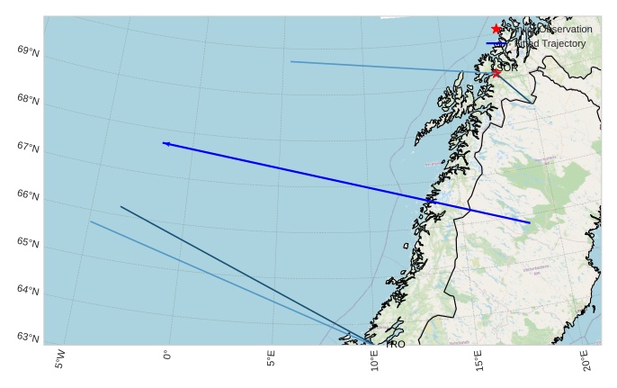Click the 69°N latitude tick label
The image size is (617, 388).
click(28, 50)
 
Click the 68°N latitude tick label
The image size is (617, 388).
click(28, 98)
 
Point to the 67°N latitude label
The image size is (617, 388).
click(28, 147)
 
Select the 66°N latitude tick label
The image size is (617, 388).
click(28, 194)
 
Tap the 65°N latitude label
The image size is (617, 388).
click(28, 242)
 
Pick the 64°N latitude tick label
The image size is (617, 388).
click(28, 290)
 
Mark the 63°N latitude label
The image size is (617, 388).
click(28, 338)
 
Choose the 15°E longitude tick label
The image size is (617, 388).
click(480, 362)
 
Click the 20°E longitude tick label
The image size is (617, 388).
click(586, 362)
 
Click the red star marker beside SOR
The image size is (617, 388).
click(496, 73)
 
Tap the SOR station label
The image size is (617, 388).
click(508, 68)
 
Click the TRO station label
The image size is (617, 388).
click(396, 344)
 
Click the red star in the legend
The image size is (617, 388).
click(496, 30)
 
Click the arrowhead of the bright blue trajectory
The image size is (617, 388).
click(165, 143)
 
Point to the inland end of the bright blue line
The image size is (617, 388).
click(530, 222)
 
